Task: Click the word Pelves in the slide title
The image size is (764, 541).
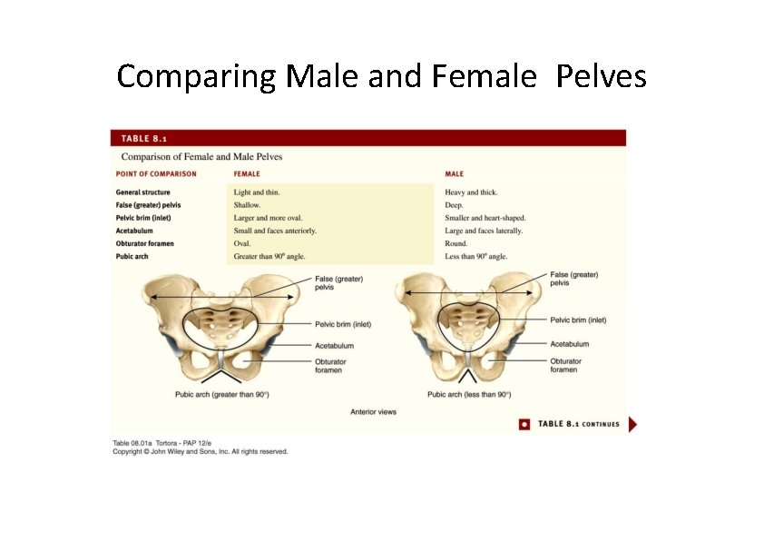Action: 601,77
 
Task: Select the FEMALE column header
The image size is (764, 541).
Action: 247,173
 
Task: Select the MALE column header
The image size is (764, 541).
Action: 454,173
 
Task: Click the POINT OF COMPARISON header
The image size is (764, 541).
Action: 156,173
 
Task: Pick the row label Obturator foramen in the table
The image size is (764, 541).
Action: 145,243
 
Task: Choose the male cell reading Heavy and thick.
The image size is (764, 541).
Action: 471,192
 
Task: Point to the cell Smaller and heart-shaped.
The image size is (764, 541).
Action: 485,218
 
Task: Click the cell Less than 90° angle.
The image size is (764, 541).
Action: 476,257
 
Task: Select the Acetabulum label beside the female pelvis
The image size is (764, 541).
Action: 334,346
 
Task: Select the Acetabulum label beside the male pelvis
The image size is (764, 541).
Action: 569,344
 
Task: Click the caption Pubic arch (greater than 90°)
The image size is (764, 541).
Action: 221,394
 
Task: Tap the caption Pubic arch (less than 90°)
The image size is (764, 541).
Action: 469,394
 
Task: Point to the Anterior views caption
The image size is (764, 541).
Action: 373,412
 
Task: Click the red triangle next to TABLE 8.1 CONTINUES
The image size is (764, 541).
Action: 632,424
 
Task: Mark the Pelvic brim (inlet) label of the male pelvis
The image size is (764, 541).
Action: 578,320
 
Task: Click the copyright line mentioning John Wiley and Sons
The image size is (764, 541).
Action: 200,451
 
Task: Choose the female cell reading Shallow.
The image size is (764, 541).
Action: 247,205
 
